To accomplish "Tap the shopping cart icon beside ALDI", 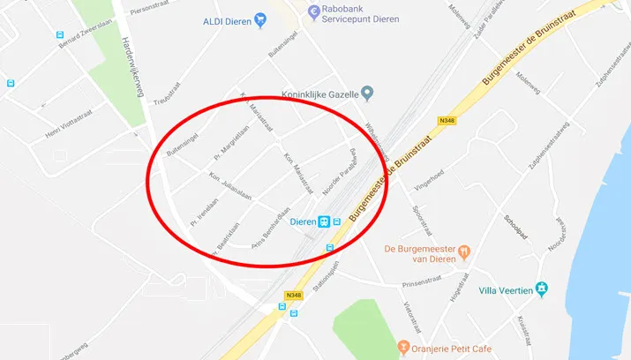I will point(260,19).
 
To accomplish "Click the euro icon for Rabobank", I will point(313,11).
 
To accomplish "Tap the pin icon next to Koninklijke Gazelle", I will point(370,92).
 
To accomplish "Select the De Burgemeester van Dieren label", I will point(422,255).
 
